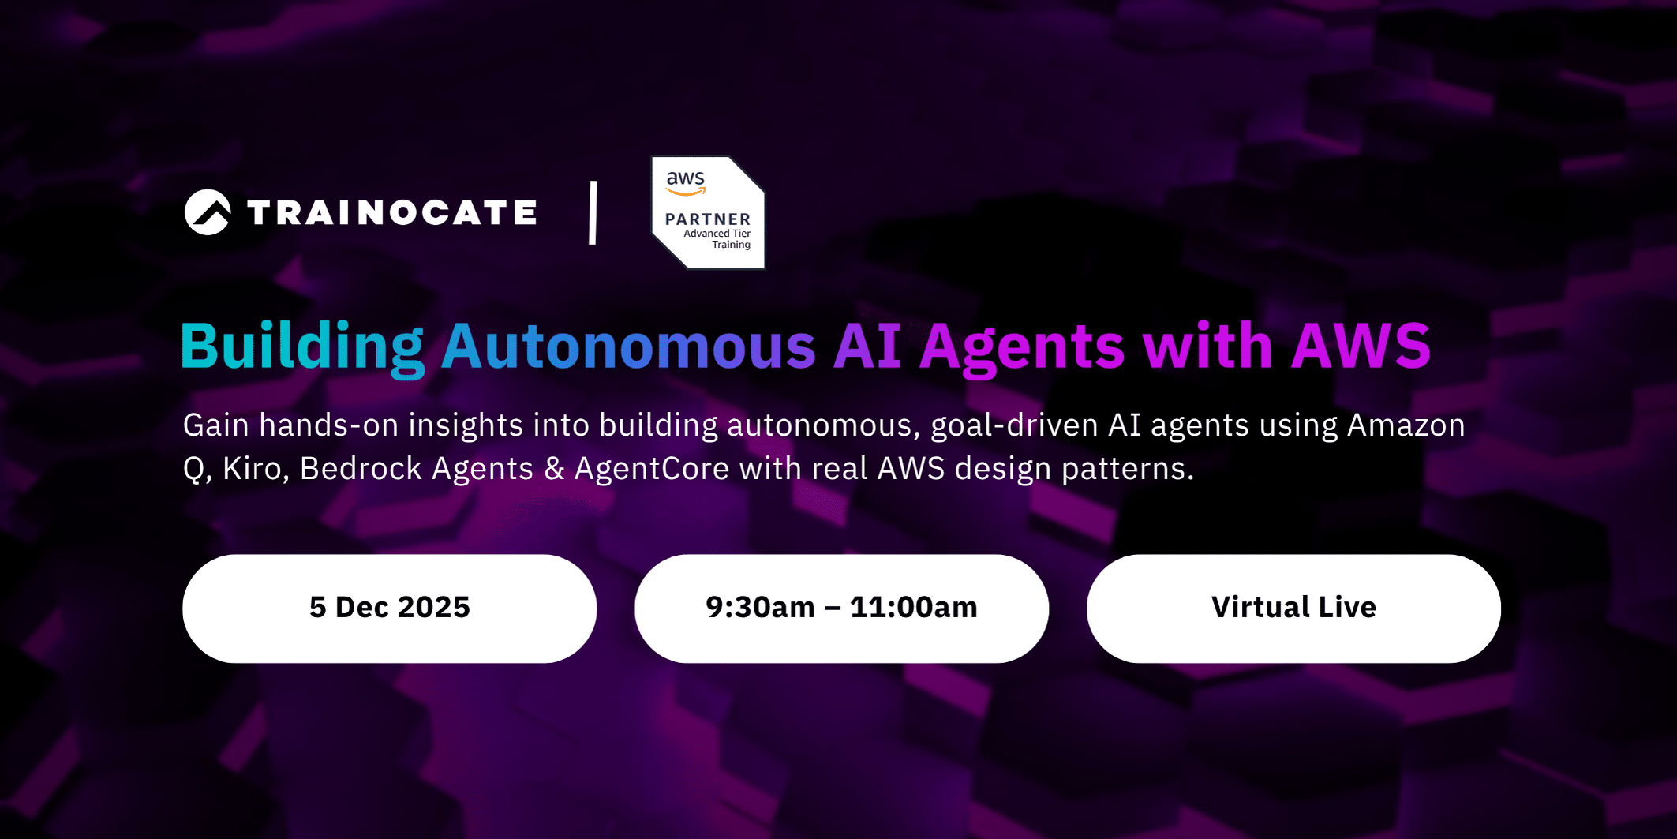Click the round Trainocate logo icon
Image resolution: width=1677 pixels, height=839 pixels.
click(x=208, y=212)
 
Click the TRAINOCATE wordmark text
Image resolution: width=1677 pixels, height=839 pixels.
click(x=392, y=212)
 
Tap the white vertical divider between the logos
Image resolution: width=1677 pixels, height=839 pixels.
click(x=593, y=212)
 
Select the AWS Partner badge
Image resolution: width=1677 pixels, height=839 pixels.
click(x=708, y=212)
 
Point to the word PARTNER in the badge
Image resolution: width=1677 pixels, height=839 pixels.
click(x=708, y=219)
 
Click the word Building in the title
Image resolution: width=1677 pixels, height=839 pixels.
click(x=302, y=347)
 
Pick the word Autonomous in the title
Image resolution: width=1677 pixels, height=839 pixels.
click(x=628, y=347)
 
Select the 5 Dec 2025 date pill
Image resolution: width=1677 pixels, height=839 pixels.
click(x=389, y=608)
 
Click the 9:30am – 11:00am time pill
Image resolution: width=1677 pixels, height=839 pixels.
click(x=841, y=608)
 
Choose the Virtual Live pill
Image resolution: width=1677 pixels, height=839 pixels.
click(x=1293, y=608)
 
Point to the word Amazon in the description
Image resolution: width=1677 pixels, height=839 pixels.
click(x=1406, y=425)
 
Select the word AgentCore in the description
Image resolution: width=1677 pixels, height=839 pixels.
click(x=652, y=470)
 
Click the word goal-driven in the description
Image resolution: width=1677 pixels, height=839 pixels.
click(x=1014, y=426)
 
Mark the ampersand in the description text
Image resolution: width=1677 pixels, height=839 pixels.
click(x=554, y=470)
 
